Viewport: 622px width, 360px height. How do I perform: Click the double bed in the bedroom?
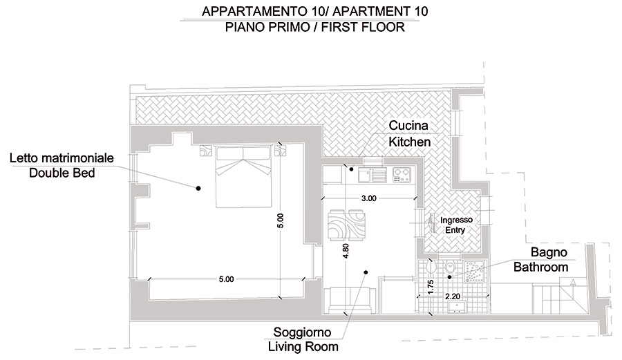(243, 177)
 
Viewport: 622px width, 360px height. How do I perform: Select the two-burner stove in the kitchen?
(402, 175)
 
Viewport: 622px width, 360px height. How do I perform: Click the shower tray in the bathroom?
(474, 272)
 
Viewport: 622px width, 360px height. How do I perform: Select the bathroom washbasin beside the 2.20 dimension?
(457, 307)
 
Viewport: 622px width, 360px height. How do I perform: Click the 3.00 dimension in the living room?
(368, 198)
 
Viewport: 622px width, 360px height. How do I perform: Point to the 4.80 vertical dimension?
(346, 251)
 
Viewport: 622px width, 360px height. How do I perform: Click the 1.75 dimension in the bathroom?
(431, 287)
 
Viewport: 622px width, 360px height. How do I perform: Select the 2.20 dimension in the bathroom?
(453, 296)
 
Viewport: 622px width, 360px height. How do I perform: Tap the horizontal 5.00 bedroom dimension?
(227, 279)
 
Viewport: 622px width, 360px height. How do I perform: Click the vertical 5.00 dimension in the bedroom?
(280, 220)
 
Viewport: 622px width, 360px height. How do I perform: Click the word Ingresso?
(456, 220)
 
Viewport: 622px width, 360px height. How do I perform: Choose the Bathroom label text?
(540, 267)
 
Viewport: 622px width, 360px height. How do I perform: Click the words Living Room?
(303, 346)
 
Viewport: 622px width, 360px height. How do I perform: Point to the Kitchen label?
(409, 142)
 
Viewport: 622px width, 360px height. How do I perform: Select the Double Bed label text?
(62, 173)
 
